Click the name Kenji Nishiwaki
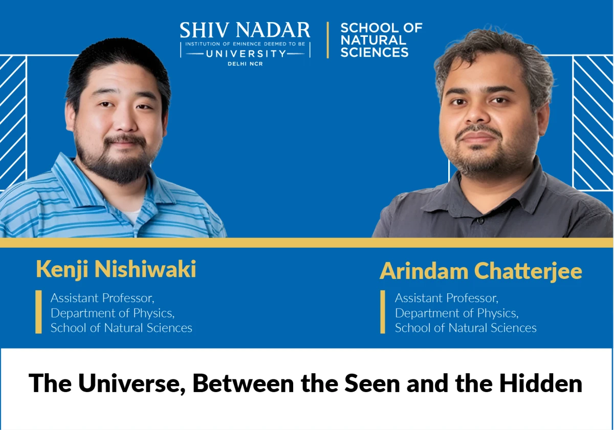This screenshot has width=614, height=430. pyautogui.click(x=116, y=270)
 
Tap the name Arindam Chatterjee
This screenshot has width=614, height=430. pyautogui.click(x=481, y=271)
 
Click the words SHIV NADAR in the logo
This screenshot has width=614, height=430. pyautogui.click(x=245, y=30)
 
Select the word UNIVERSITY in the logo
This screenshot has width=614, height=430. pyautogui.click(x=245, y=54)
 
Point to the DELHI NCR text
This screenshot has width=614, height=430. pyautogui.click(x=245, y=64)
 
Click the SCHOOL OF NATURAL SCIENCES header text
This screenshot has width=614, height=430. pyautogui.click(x=381, y=40)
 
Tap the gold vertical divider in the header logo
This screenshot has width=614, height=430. pyautogui.click(x=327, y=40)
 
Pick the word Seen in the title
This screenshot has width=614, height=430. pyautogui.click(x=372, y=383)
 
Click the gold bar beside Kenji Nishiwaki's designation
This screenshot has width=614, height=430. pyautogui.click(x=39, y=312)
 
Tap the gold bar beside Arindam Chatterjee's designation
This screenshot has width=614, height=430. pyautogui.click(x=383, y=312)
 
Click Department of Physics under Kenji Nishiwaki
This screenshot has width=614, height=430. pyautogui.click(x=113, y=313)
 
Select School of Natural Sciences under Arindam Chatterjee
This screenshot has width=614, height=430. pyautogui.click(x=466, y=328)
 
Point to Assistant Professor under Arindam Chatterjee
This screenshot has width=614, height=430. pyautogui.click(x=447, y=298)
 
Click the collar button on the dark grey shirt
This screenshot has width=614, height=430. pyautogui.click(x=481, y=220)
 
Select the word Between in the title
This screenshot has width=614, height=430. pyautogui.click(x=243, y=383)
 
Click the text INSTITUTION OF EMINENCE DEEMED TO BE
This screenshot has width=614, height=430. pyautogui.click(x=245, y=44)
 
